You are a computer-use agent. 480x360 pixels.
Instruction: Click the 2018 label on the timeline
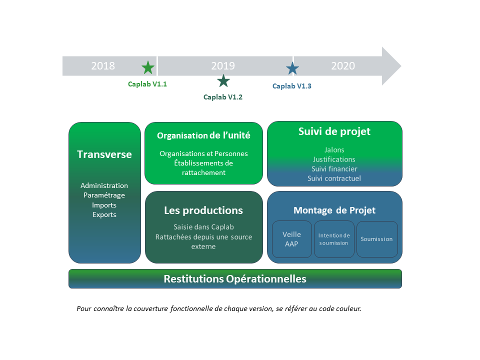[103, 66]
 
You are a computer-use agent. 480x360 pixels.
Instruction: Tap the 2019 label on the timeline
[223, 66]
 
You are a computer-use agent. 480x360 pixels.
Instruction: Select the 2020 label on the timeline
[343, 66]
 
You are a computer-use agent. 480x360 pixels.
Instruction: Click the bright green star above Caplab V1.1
[148, 67]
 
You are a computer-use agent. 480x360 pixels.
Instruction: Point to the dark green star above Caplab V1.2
[223, 81]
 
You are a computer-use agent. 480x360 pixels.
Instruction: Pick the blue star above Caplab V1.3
[292, 69]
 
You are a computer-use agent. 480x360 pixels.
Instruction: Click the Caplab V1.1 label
[147, 84]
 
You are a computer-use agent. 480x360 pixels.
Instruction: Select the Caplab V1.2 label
[223, 97]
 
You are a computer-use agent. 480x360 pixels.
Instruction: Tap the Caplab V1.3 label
[291, 86]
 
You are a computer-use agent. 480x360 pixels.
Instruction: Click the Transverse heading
[104, 154]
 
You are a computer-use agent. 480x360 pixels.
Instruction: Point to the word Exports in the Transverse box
[104, 214]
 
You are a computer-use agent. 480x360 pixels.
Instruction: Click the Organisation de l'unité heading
[203, 135]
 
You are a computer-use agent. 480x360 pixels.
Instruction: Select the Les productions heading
[203, 210]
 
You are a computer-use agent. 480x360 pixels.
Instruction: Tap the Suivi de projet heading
[334, 131]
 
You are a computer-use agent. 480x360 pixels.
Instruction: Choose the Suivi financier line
[334, 169]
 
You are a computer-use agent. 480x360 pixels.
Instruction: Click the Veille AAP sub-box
[291, 239]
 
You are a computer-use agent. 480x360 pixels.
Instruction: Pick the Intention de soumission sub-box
[334, 239]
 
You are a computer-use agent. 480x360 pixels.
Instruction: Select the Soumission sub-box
[377, 239]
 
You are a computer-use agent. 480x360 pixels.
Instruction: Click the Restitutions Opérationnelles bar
[235, 279]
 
